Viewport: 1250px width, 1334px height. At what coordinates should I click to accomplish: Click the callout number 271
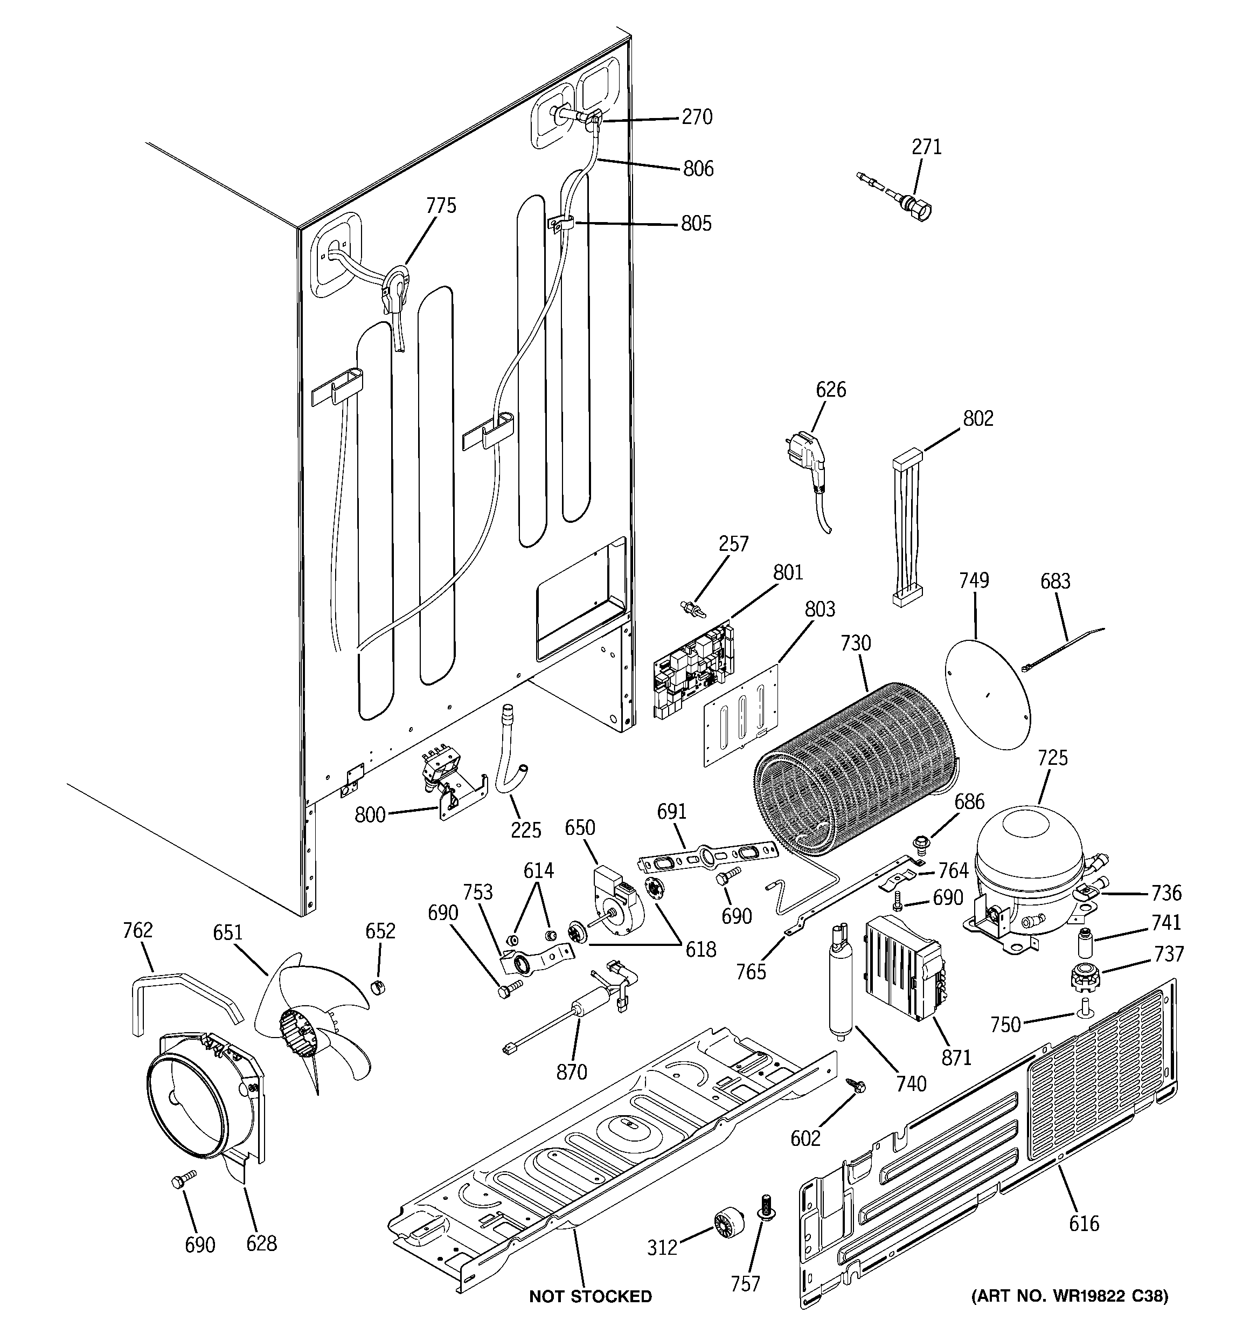(x=927, y=147)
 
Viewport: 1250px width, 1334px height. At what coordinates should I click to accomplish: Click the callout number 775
(x=441, y=205)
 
